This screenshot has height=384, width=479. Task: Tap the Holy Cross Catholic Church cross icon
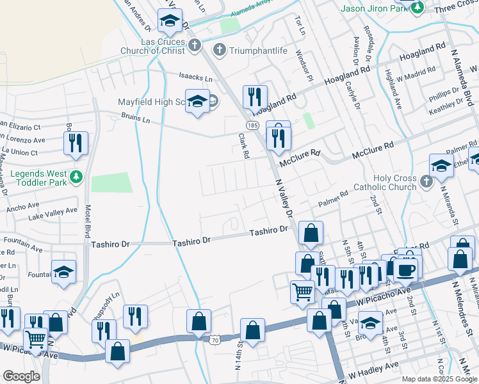click(x=427, y=183)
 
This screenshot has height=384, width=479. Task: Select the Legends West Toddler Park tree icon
click(x=77, y=176)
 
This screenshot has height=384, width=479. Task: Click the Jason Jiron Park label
click(x=375, y=8)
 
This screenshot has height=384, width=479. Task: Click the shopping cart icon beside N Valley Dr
click(x=303, y=292)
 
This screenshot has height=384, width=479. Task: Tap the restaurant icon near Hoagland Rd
click(x=255, y=97)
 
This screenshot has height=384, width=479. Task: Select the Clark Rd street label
click(x=243, y=146)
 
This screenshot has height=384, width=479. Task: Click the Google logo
click(x=21, y=376)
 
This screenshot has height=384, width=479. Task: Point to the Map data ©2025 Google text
click(x=439, y=378)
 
